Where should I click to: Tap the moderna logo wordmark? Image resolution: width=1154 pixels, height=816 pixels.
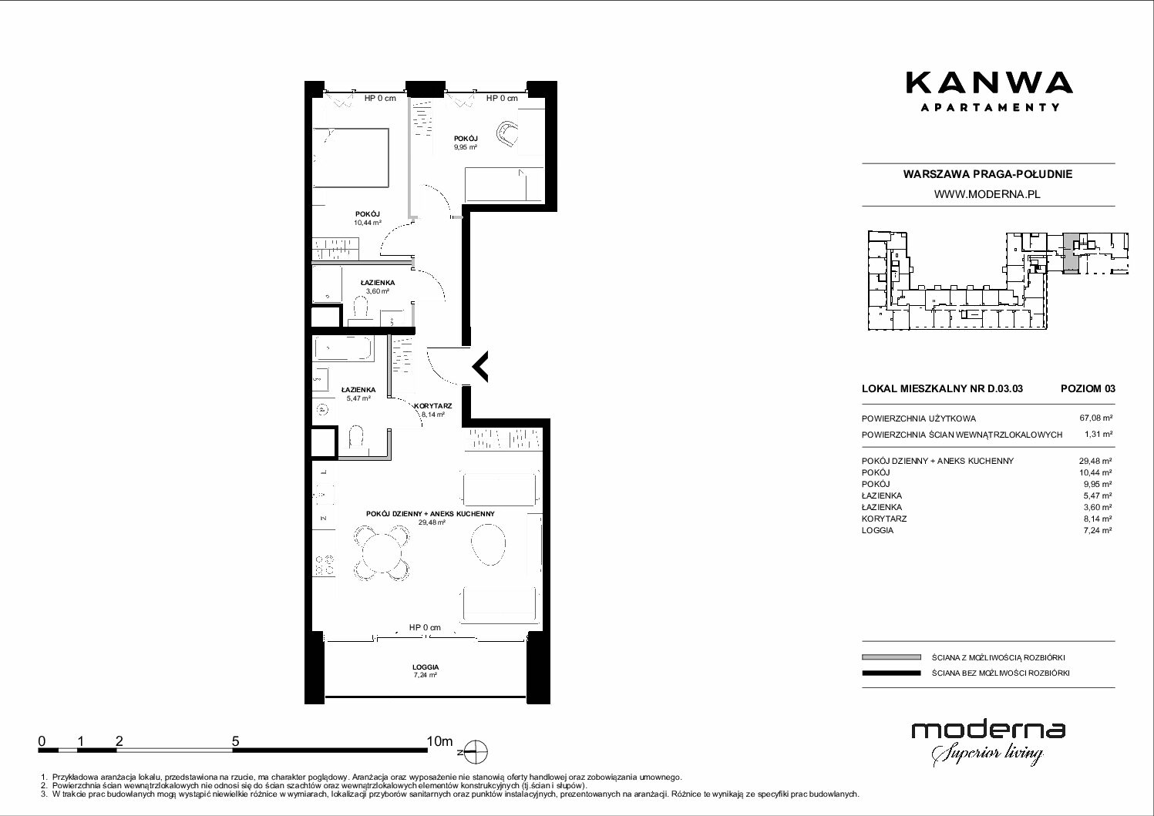tap(988, 730)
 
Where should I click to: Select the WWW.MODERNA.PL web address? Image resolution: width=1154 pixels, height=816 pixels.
tap(987, 194)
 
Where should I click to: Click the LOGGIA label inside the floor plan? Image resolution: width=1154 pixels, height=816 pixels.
tap(426, 667)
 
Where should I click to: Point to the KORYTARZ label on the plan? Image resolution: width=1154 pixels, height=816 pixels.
tap(433, 406)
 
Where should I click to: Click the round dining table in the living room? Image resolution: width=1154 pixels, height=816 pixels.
tap(382, 552)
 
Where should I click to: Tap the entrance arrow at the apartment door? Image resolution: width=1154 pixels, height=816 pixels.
tap(480, 367)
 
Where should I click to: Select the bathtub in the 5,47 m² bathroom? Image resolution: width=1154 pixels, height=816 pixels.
tap(342, 348)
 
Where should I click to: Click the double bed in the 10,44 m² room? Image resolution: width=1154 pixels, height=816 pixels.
tap(350, 158)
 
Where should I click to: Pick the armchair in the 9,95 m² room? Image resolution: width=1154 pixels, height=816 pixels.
tap(506, 133)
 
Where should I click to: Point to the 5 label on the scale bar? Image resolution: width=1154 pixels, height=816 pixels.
tap(235, 740)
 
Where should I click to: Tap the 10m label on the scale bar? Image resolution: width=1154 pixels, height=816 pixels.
tap(439, 740)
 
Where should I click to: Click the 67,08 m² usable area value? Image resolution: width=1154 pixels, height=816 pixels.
tap(1095, 418)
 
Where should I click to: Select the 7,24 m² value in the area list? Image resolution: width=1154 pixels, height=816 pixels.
tap(1098, 530)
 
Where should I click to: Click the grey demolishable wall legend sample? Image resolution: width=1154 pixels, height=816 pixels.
tap(891, 657)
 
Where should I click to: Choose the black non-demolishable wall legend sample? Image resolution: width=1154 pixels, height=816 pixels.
tap(891, 673)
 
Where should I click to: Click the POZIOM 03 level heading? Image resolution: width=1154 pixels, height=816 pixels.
tap(1088, 388)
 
